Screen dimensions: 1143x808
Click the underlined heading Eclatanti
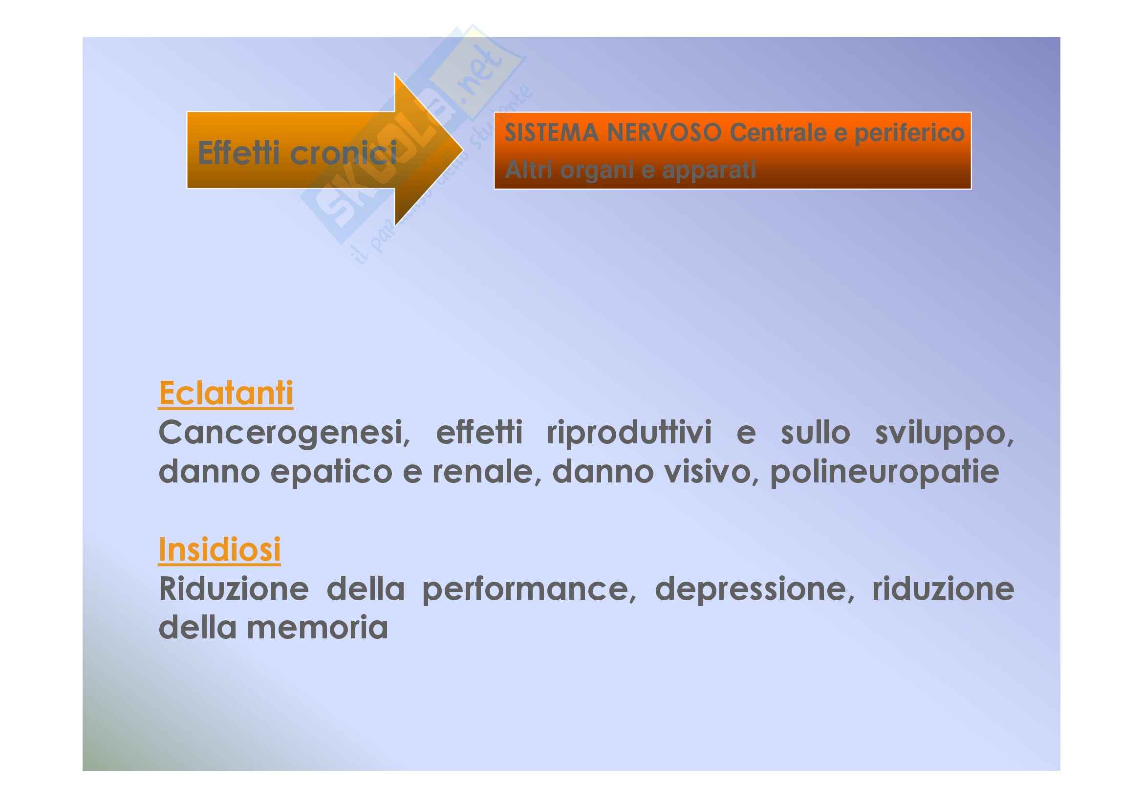(225, 394)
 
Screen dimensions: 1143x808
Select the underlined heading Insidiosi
(219, 550)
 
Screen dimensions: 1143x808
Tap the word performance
(529, 590)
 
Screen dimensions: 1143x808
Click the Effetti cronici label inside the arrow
(297, 153)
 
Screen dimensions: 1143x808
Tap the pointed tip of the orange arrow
(463, 150)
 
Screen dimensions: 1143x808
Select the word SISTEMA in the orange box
(551, 133)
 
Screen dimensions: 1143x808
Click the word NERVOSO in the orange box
(664, 133)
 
